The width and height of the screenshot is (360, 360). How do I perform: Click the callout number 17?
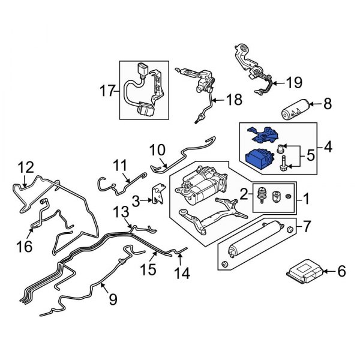tap(107, 91)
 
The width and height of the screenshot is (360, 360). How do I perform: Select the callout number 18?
tap(231, 100)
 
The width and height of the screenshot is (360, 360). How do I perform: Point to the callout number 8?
tap(328, 104)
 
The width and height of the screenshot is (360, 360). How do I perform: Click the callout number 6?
tap(341, 272)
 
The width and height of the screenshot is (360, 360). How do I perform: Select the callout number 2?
tap(243, 193)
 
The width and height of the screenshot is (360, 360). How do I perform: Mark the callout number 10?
tap(157, 148)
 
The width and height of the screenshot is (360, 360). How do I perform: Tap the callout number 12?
tap(26, 167)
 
